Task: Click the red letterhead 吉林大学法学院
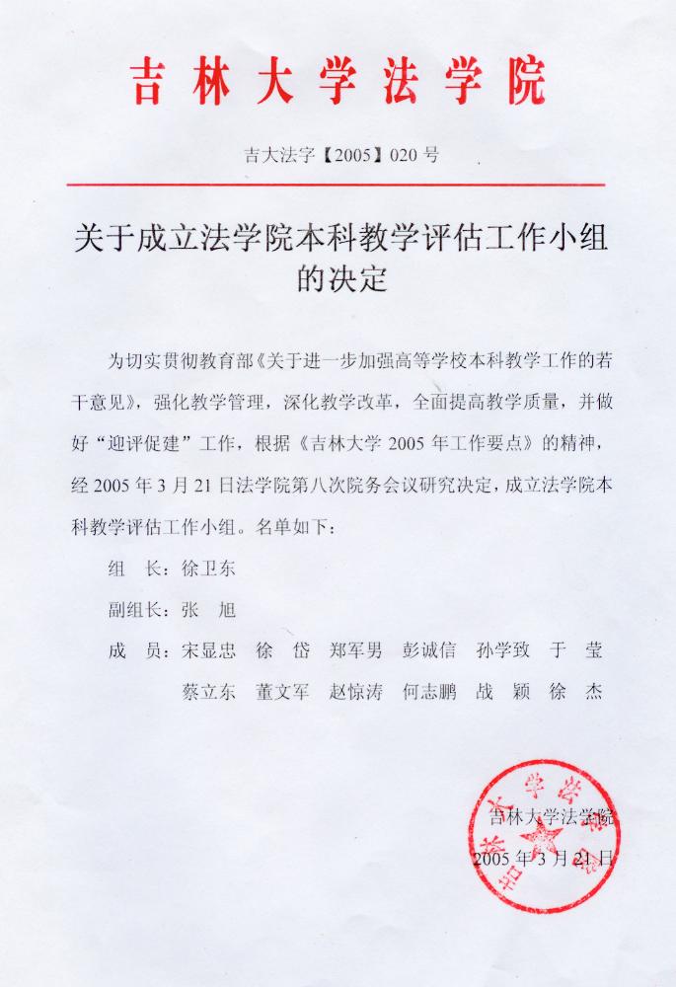337,82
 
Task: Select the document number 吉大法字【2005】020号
338,154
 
